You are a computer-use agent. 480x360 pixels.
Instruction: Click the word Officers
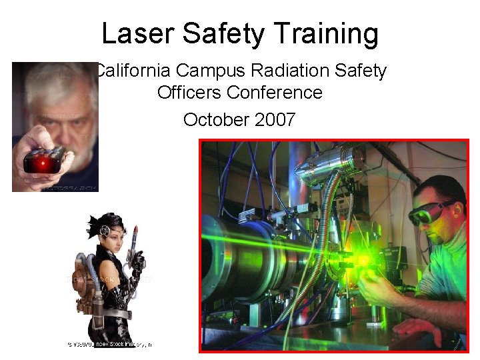pos(189,92)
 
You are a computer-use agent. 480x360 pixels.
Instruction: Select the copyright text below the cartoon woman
pos(109,344)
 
